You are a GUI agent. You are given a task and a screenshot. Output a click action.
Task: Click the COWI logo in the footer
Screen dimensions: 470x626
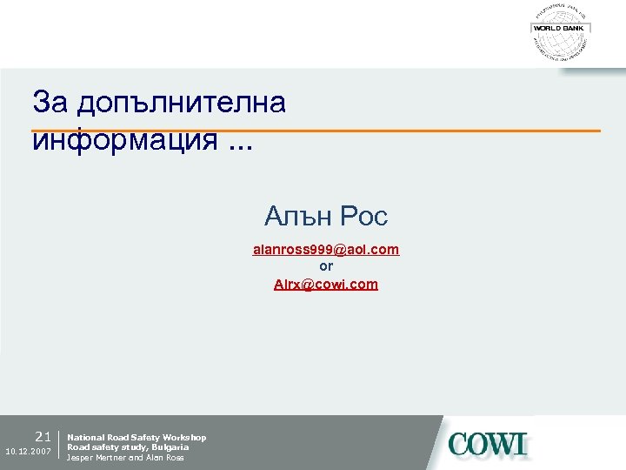tap(488, 444)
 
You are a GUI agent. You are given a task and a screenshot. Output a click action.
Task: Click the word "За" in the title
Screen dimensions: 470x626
tap(50, 103)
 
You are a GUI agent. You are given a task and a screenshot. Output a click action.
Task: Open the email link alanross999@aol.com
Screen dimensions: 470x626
tap(326, 250)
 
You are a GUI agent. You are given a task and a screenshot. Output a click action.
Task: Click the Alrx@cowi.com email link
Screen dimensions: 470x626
tap(326, 284)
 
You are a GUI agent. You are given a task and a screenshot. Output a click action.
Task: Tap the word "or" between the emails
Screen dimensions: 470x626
tap(326, 267)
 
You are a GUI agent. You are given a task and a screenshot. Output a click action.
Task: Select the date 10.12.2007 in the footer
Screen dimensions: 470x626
tap(28, 452)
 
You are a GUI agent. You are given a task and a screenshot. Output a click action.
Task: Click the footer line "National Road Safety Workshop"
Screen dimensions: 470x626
tap(137, 437)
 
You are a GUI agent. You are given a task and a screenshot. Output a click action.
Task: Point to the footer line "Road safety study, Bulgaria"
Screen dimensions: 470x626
tap(128, 447)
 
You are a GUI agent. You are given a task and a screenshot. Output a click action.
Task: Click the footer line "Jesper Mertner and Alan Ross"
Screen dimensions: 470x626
tap(125, 458)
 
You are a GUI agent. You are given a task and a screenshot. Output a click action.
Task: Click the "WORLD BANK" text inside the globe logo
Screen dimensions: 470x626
tap(560, 29)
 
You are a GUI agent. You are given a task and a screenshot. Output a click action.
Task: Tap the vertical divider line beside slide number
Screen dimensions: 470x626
tap(58, 445)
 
